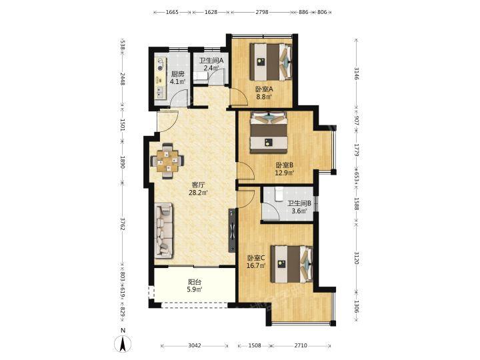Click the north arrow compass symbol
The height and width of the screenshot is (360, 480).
[x=123, y=343]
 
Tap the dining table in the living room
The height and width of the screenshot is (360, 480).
[x=167, y=161]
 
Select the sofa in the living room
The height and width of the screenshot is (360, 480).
[x=164, y=230]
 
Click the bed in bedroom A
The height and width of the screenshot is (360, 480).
[x=271, y=62]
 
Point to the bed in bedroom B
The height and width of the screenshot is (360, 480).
[x=269, y=133]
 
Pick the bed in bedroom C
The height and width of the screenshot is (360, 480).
[x=292, y=264]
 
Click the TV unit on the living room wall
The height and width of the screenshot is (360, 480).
[x=232, y=230]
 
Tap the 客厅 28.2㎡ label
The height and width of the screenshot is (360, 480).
[x=198, y=189]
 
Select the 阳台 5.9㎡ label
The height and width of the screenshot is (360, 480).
[x=195, y=285]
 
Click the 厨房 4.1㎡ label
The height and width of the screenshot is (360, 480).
[x=177, y=78]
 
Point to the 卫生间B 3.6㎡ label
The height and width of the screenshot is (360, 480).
[x=299, y=207]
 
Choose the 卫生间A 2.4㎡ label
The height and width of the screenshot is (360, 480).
[x=211, y=64]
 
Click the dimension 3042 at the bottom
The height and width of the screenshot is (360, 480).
[x=195, y=345]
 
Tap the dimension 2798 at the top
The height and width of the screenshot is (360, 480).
[x=262, y=12]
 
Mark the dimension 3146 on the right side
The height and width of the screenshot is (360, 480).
[x=356, y=73]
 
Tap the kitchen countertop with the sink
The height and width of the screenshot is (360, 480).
[x=160, y=78]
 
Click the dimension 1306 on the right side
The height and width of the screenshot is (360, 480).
[x=356, y=306]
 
